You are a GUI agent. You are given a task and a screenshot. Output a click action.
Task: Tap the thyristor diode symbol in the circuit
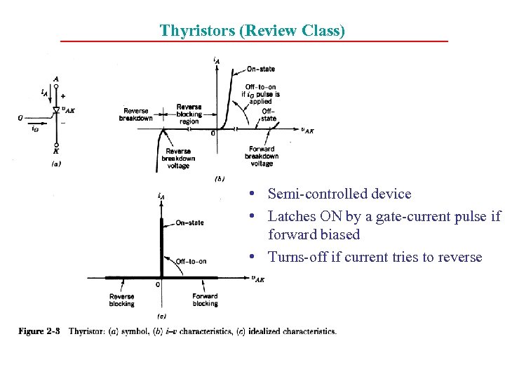[56, 110]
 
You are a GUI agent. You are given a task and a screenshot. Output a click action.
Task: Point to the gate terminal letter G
[21, 118]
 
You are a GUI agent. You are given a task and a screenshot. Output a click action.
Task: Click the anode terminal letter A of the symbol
[55, 79]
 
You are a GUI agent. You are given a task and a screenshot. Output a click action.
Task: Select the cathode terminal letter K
[55, 149]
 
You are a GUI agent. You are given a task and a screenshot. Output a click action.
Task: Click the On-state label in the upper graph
[261, 69]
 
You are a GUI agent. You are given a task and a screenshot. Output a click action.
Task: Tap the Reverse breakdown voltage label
[179, 158]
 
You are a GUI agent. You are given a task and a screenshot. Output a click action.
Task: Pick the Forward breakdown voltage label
[262, 156]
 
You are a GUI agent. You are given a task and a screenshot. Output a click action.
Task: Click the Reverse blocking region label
[189, 114]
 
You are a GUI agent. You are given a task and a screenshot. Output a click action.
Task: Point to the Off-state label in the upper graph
[269, 114]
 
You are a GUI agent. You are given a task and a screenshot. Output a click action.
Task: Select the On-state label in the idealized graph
[189, 222]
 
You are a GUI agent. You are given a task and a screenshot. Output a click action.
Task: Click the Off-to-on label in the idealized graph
[191, 261]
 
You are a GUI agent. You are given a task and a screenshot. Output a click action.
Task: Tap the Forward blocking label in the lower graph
[205, 300]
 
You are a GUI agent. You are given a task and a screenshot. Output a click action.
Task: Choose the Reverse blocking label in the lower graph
[122, 300]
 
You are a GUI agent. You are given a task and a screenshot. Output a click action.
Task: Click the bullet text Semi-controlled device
[339, 194]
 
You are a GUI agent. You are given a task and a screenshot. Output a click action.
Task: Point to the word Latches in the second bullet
[292, 216]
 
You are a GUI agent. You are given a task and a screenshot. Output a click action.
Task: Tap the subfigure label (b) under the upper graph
[219, 178]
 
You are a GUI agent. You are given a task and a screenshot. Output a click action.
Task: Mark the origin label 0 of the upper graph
[213, 133]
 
